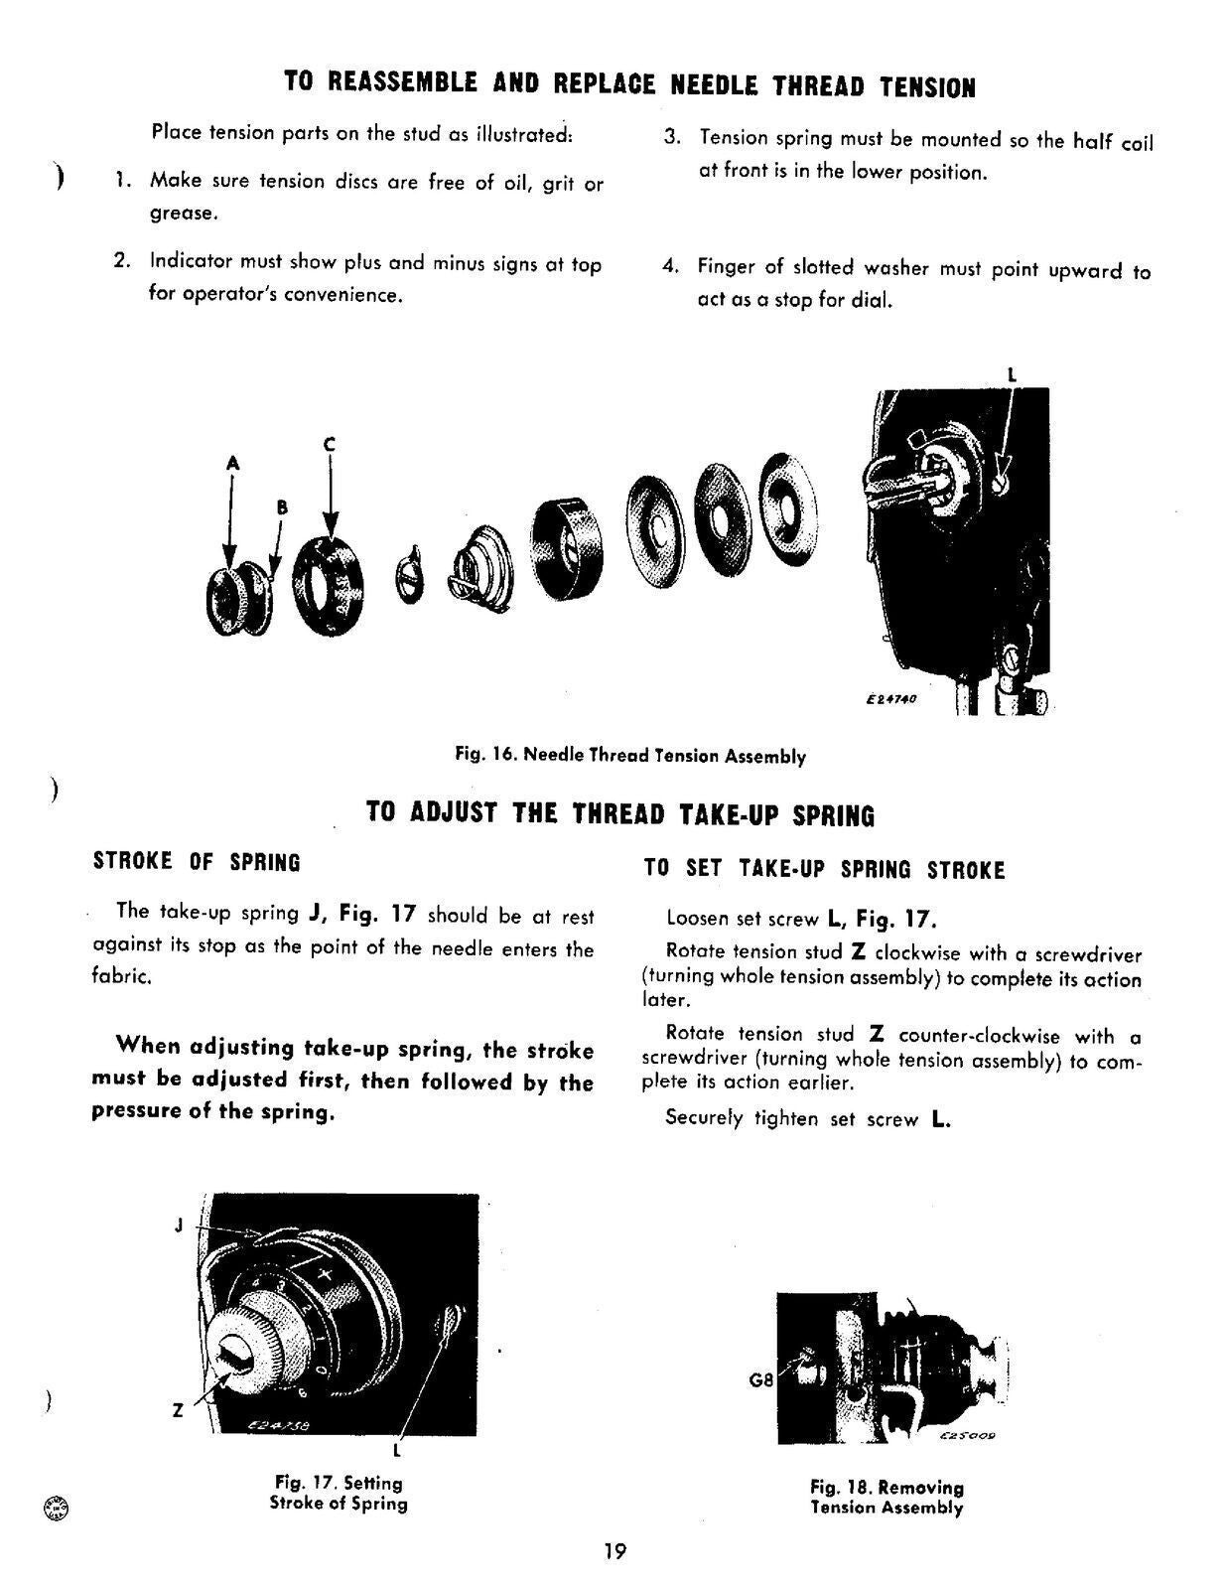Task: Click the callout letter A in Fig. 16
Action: (232, 463)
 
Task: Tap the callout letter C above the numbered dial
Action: (330, 445)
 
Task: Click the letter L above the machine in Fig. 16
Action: (1012, 375)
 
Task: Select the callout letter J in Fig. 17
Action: (179, 1225)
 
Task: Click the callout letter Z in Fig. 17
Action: (178, 1410)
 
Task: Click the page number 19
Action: (613, 1550)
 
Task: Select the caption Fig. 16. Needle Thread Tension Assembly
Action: (630, 756)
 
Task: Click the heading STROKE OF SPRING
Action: (197, 861)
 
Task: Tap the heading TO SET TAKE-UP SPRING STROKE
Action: (824, 870)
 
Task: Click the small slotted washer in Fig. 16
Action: (409, 577)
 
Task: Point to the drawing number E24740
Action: (890, 699)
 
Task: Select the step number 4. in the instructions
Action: (671, 266)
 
